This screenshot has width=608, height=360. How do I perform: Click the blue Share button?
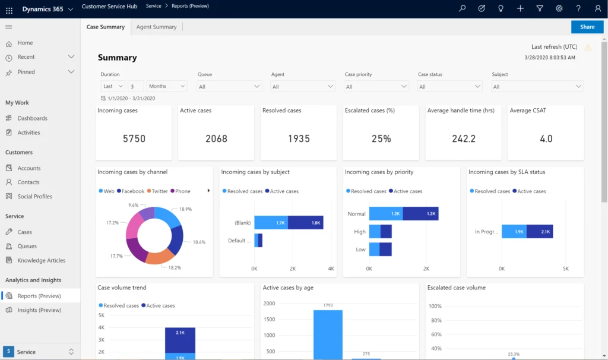(587, 27)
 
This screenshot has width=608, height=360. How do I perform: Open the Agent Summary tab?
(156, 27)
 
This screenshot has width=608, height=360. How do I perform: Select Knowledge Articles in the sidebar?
(41, 260)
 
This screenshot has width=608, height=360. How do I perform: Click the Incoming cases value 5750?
(134, 138)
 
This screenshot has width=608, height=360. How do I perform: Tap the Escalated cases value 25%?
(381, 138)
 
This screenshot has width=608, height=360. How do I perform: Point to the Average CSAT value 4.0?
(546, 138)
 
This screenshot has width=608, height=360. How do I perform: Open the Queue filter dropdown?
(229, 86)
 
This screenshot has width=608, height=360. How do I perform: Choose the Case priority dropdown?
(376, 86)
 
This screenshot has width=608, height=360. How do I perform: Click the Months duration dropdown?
(167, 86)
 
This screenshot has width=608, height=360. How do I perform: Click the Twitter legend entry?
(157, 191)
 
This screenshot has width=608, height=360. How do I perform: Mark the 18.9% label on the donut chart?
(185, 210)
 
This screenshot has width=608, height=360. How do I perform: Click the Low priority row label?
(360, 250)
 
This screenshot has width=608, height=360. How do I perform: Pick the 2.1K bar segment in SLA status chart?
(540, 231)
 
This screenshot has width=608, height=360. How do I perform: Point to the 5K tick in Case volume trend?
(102, 315)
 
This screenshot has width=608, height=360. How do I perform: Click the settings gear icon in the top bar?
(559, 9)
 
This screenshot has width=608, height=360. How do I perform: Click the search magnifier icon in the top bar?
(463, 9)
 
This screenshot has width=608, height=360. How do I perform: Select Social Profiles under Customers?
(34, 197)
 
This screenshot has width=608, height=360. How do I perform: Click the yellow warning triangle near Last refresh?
(588, 48)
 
